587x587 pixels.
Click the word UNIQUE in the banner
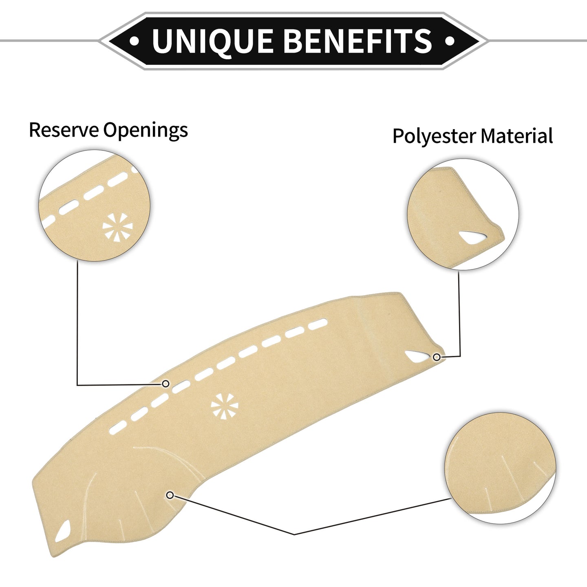[212, 41]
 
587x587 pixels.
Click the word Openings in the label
[146, 131]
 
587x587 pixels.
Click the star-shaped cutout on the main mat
[225, 405]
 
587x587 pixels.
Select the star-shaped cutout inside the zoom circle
[117, 227]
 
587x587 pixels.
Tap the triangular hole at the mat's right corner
[416, 356]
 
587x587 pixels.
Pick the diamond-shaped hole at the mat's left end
[63, 531]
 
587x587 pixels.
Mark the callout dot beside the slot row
[166, 384]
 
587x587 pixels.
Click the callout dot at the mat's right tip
[437, 357]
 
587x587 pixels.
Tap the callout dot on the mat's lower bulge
[170, 496]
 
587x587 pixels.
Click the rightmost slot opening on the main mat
[318, 324]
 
